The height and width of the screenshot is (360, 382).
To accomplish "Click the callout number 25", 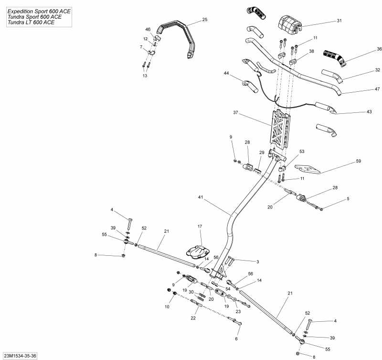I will coord(204,20).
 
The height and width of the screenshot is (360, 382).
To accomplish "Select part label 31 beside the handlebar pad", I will coord(339,21).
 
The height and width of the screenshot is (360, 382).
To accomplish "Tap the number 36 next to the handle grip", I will coord(366,49).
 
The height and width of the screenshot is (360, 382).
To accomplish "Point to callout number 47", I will coord(363,89).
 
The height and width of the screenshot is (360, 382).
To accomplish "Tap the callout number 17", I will coord(200,226).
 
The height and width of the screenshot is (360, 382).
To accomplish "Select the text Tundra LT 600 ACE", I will coord(31,22).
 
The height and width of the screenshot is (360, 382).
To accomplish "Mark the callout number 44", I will coord(226,73).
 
